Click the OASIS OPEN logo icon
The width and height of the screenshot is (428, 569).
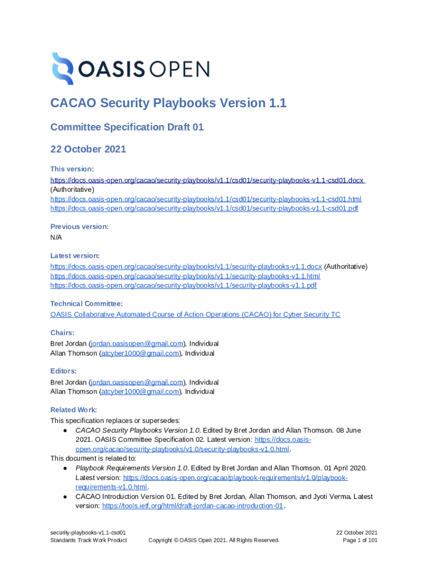[62, 69]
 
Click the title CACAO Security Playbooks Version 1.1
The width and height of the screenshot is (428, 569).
[168, 103]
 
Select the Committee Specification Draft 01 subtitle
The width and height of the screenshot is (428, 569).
[127, 127]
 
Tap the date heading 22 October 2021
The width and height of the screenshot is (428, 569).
[88, 149]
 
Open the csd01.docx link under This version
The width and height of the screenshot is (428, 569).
[207, 180]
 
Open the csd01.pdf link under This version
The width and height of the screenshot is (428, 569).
[204, 208]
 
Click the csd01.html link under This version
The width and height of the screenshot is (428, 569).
[206, 198]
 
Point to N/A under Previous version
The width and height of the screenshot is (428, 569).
[56, 237]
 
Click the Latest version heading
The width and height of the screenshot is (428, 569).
[75, 256]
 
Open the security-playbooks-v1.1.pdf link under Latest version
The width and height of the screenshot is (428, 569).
[183, 285]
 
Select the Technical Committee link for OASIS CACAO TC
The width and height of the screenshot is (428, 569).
[195, 315]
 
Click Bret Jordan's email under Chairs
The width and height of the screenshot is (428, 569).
[137, 343]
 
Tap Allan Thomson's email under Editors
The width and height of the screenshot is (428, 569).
[140, 392]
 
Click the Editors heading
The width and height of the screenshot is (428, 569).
[63, 371]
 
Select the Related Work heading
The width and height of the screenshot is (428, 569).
[74, 410]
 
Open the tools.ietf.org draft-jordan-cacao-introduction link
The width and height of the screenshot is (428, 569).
[193, 506]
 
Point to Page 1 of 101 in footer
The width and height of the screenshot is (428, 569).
[360, 540]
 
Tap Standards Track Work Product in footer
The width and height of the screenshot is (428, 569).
[88, 540]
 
